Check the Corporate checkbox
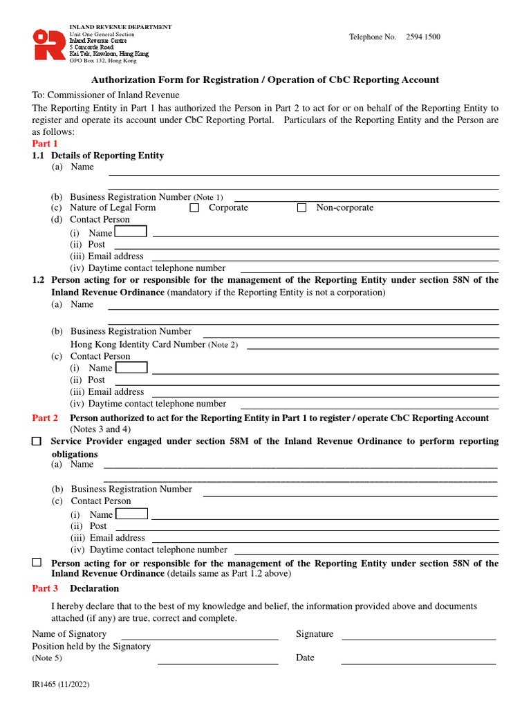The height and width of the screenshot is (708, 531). [194, 207]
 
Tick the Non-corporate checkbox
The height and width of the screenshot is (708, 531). [301, 207]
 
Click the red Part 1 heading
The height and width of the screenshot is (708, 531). [45, 143]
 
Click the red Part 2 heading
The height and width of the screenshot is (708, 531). [45, 418]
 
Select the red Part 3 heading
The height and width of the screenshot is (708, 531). [45, 588]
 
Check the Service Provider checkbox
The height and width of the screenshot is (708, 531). [37, 440]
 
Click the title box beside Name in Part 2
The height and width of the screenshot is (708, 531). [131, 514]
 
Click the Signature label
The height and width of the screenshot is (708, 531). [315, 633]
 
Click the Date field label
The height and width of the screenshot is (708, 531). [305, 658]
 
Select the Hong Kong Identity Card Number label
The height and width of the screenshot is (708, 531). [138, 344]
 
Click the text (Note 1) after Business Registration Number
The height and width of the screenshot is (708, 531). [208, 197]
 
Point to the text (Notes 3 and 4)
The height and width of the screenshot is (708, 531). [100, 429]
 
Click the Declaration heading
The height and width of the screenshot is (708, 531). [94, 588]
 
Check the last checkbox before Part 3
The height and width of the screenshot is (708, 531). [37, 563]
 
